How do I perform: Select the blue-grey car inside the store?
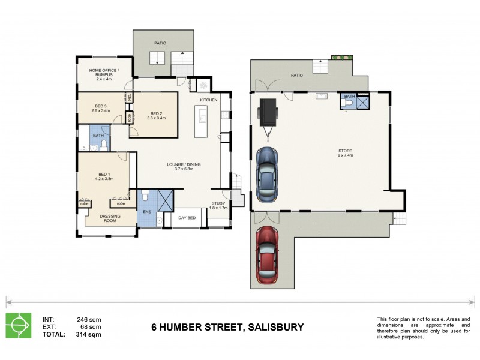[267, 174]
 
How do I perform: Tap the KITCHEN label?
[208, 100]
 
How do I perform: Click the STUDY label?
[218, 205]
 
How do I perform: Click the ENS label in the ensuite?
[147, 212]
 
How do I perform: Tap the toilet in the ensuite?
[143, 196]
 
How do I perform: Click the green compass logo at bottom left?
[19, 325]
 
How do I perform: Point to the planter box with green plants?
[342, 58]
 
